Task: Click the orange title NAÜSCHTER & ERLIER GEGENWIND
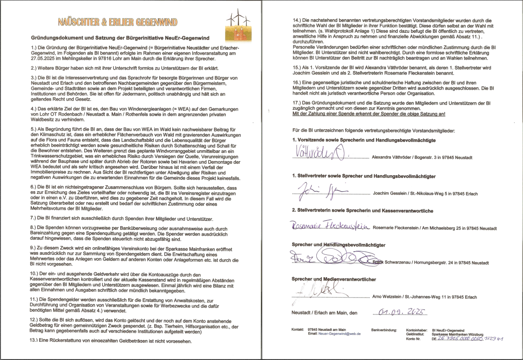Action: tap(117, 21)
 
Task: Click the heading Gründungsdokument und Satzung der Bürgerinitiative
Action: tap(123, 38)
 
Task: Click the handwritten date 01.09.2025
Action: tap(398, 312)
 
